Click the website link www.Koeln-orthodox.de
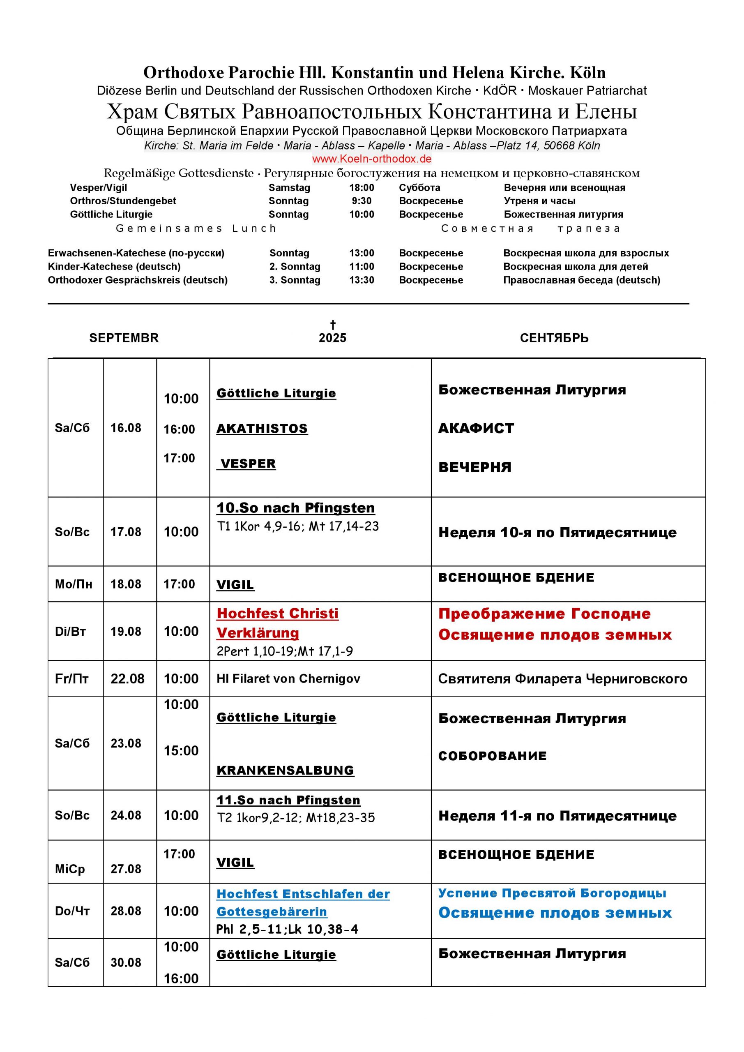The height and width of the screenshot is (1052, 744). coord(371,159)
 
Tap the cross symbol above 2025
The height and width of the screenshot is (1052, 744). coord(333,325)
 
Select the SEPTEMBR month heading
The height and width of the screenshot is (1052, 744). coord(124,338)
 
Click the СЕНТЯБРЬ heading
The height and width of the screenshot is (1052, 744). coord(554,338)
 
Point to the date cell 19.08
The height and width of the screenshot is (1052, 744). coord(126,631)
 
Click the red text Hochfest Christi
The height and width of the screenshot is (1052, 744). coord(277,614)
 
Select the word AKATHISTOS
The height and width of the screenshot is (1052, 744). coord(262,429)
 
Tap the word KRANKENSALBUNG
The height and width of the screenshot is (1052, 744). coord(285,770)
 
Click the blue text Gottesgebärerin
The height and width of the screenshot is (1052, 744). coord(272,912)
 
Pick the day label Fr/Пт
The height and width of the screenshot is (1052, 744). coord(72,678)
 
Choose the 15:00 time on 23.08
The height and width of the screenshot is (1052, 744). coord(181,750)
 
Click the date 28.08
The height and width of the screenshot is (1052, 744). coord(126,911)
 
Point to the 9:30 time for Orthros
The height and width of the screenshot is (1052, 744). coord(362,201)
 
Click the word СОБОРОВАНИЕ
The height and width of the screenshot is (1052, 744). coord(492,756)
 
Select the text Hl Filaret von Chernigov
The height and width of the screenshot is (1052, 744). coord(288,678)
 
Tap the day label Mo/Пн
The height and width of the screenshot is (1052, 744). coord(73,584)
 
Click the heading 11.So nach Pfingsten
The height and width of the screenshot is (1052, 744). coord(288,800)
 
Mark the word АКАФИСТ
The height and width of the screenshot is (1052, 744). coord(476,429)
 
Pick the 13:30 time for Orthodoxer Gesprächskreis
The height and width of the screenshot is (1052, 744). coord(362,280)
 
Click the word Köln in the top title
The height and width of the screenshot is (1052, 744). coord(587,72)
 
